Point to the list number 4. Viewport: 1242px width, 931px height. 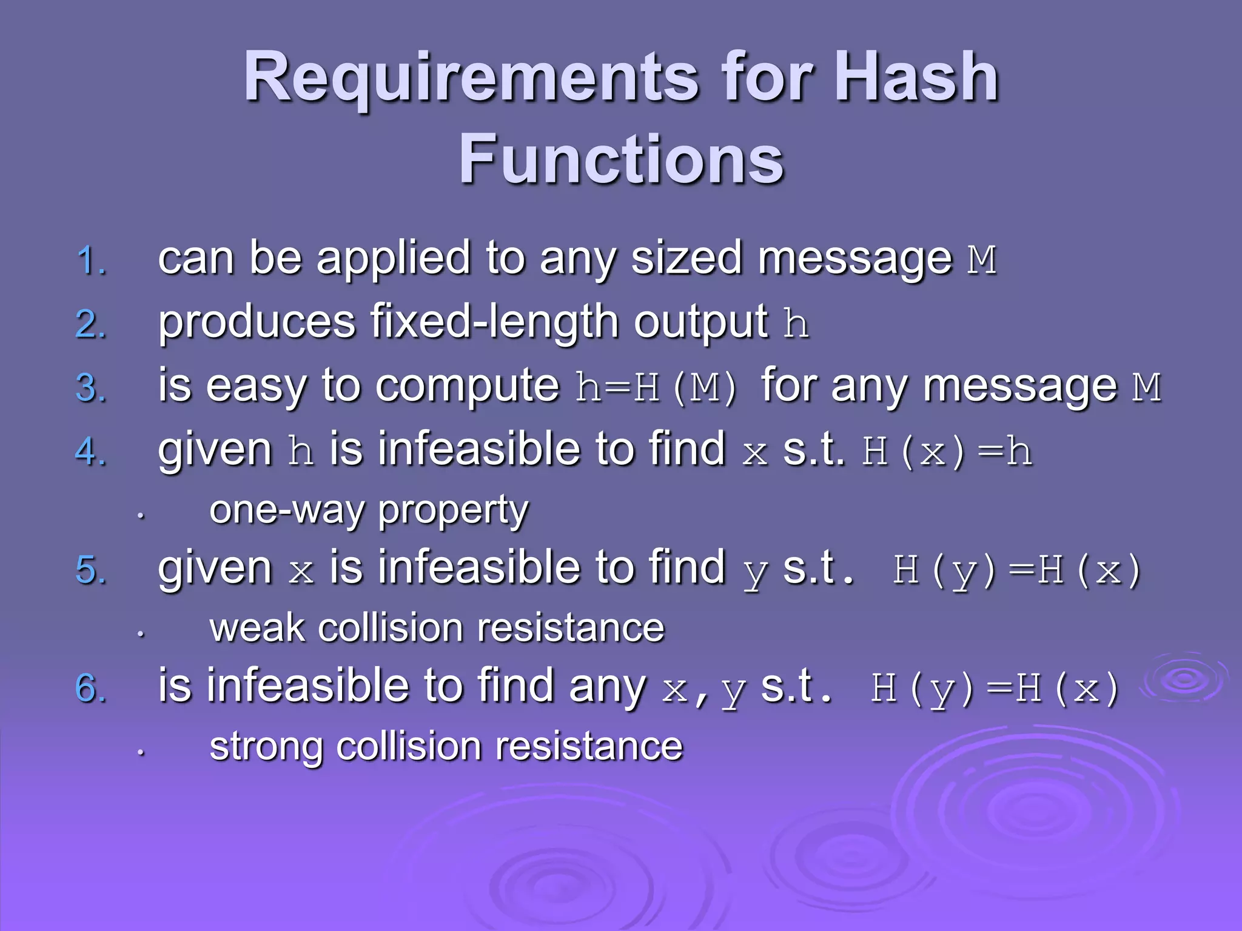[92, 452]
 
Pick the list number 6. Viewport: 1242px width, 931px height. [92, 689]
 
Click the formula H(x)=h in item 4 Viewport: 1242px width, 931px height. [946, 452]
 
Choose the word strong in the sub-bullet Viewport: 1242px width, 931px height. [266, 747]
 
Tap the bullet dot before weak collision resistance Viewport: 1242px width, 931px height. [141, 634]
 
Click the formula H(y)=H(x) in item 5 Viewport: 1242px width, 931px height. [1016, 570]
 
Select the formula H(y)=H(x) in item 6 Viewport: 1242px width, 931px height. [995, 689]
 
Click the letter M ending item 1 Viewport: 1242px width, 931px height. [981, 261]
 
